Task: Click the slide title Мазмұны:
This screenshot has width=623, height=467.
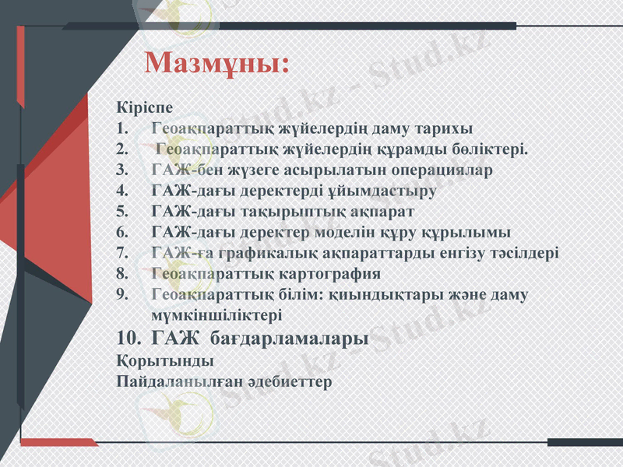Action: (x=217, y=63)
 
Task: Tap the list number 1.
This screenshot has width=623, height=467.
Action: (x=121, y=128)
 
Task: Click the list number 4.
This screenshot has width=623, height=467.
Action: (x=121, y=190)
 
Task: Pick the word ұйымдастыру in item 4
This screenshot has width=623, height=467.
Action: (x=389, y=190)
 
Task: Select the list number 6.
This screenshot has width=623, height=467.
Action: (x=121, y=232)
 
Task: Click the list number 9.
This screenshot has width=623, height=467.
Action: (x=121, y=295)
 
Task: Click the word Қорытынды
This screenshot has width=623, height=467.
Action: (x=164, y=361)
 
